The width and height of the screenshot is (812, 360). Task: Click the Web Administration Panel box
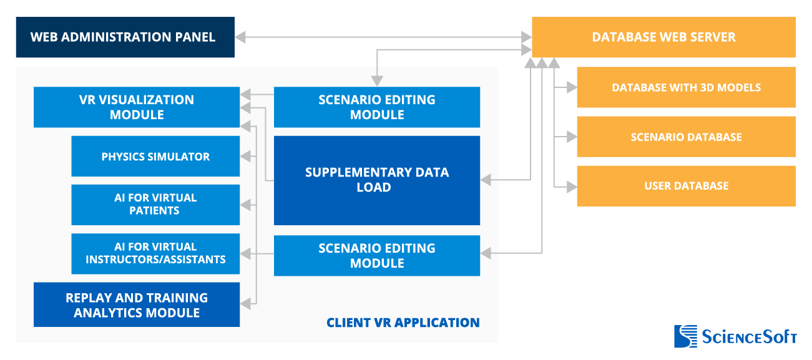click(x=125, y=37)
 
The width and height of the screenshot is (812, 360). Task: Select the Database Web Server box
click(x=663, y=37)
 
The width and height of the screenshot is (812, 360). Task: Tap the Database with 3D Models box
click(x=686, y=87)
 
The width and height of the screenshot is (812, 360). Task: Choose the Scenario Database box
click(x=686, y=137)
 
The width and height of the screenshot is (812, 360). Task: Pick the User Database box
click(x=686, y=186)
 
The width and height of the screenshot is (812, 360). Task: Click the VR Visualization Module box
click(x=136, y=107)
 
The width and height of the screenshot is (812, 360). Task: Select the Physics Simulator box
click(x=155, y=157)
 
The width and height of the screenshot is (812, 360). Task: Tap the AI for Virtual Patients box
click(x=155, y=205)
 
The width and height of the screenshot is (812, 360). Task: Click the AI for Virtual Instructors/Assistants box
click(x=155, y=253)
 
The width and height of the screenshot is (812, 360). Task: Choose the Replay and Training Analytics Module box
click(x=136, y=305)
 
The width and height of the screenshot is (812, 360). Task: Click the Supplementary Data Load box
click(x=376, y=180)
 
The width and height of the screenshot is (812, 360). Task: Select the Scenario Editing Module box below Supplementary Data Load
click(x=376, y=256)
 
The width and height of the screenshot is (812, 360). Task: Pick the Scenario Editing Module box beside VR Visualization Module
click(x=376, y=107)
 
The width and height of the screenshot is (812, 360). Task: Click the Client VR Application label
click(x=403, y=323)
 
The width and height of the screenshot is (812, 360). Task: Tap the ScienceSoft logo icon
click(x=685, y=336)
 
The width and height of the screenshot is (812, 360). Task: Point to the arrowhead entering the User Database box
click(x=571, y=186)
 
